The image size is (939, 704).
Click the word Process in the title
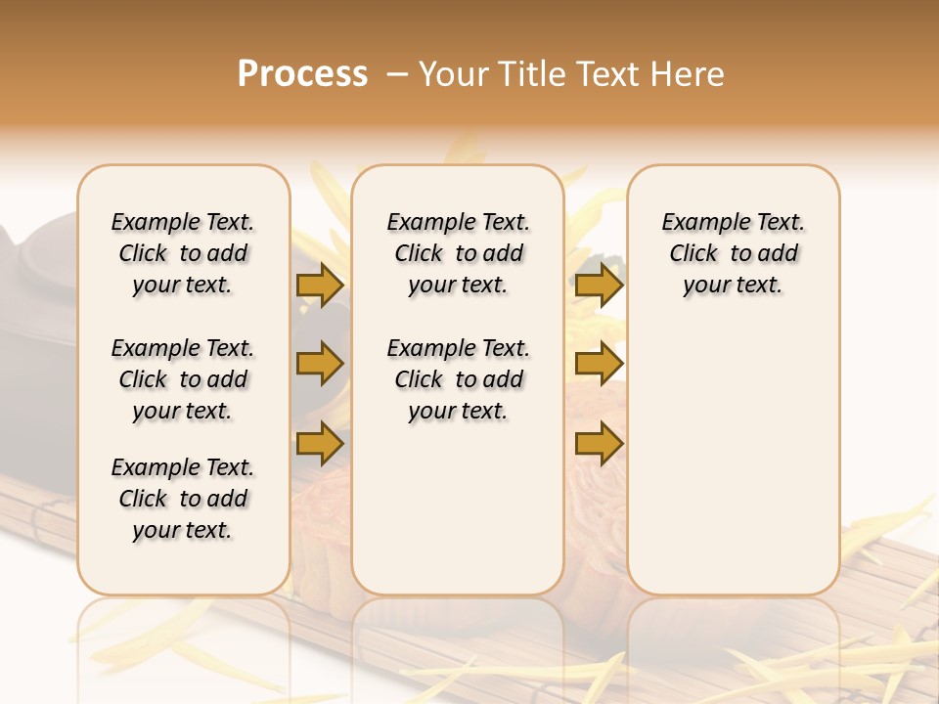pyautogui.click(x=302, y=73)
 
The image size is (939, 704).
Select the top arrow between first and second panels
pyautogui.click(x=320, y=286)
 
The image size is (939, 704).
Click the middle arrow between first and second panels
pyautogui.click(x=320, y=365)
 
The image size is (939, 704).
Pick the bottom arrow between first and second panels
pyautogui.click(x=320, y=443)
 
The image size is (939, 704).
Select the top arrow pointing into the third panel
pyautogui.click(x=599, y=286)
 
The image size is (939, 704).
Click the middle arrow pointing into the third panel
pyautogui.click(x=599, y=365)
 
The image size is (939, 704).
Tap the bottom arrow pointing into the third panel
pyautogui.click(x=599, y=443)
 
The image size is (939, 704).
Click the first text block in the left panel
pyautogui.click(x=183, y=253)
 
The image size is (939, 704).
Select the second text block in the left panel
pyautogui.click(x=183, y=379)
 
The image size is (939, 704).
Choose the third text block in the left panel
pyautogui.click(x=183, y=499)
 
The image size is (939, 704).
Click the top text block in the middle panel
pyautogui.click(x=459, y=253)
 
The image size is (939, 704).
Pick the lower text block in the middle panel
pyautogui.click(x=459, y=379)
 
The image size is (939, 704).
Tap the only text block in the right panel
pyautogui.click(x=734, y=253)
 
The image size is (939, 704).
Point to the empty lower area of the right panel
pyautogui.click(x=734, y=460)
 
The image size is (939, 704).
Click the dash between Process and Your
pyautogui.click(x=395, y=73)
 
